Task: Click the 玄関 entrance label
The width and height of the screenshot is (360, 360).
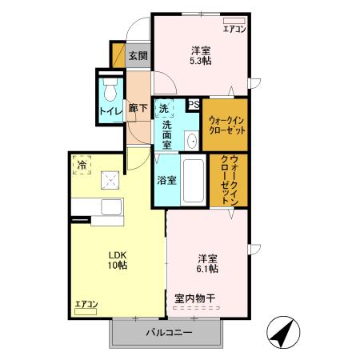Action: click(x=138, y=56)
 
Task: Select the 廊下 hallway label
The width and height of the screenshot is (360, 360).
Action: click(x=137, y=108)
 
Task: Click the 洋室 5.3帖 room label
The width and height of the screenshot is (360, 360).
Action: click(x=199, y=54)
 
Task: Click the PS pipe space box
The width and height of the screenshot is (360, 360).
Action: click(x=194, y=103)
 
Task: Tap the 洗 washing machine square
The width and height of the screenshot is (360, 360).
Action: click(x=163, y=108)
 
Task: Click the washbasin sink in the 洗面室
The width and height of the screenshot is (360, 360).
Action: click(x=193, y=141)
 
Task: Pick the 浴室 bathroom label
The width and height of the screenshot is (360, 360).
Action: click(x=167, y=180)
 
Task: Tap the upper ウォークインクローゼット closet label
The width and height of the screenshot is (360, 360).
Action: click(x=225, y=124)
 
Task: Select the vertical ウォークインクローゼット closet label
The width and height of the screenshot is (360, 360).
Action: click(x=233, y=179)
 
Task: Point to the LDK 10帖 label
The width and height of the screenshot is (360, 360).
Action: click(x=118, y=260)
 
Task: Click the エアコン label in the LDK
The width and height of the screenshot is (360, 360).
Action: click(x=86, y=304)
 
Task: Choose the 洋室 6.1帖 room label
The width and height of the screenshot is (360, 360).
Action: click(x=208, y=264)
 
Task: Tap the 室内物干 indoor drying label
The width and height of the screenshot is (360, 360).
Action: click(x=195, y=298)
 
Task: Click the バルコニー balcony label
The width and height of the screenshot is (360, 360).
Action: click(x=168, y=332)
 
